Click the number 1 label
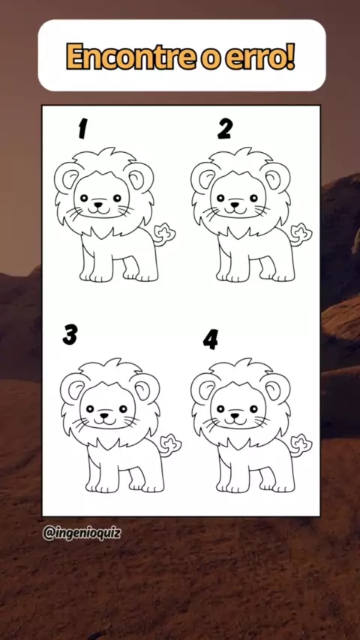[82, 130]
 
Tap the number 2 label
[225, 129]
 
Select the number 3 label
[70, 335]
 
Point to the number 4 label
[211, 339]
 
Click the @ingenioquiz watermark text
[81, 533]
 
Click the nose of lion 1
[98, 203]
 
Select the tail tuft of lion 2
[301, 235]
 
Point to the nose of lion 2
[235, 203]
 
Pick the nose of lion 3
[104, 415]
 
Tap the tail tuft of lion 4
[301, 445]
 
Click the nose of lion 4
[235, 415]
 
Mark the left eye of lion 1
[84, 198]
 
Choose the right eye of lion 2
[253, 198]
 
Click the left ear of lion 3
[74, 389]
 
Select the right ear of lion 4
[275, 389]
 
